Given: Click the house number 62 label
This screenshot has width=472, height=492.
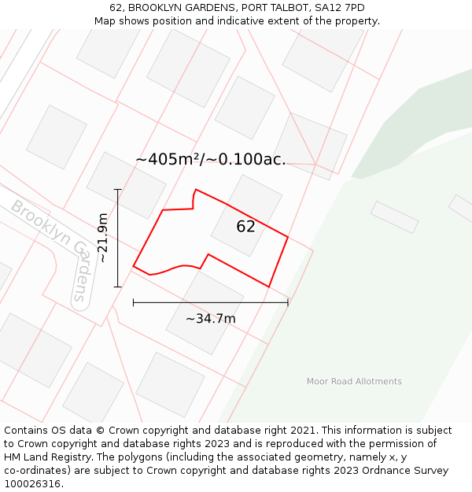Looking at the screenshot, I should point(245,227).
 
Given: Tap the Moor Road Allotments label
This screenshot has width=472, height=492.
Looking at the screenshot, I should point(354,382).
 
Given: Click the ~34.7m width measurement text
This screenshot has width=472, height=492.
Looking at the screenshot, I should point(210,319).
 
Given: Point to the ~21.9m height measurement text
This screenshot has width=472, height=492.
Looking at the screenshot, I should point(102,238).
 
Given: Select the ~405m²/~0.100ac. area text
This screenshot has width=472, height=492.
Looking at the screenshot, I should point(210,160).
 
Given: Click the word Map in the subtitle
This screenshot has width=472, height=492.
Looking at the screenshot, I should point(105,21).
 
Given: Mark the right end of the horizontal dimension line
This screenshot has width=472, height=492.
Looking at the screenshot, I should point(288,302).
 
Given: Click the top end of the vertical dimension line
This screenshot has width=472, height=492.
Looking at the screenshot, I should point(117,190).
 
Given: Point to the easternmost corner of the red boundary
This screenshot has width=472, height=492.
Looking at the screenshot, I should point(288,237).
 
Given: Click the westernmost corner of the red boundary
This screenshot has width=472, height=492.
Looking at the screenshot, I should point(133,267).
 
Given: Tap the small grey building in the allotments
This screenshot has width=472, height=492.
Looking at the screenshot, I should point(394,217).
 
